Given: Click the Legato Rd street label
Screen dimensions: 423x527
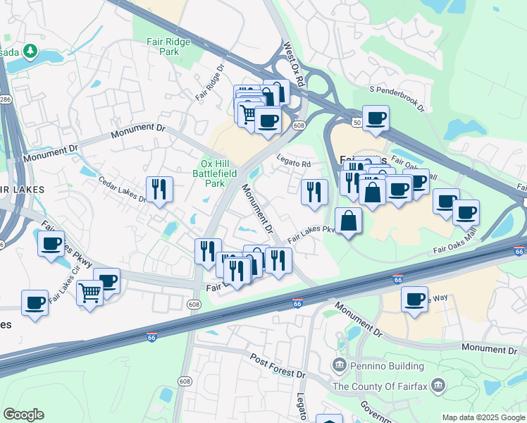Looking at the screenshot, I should click(293, 163).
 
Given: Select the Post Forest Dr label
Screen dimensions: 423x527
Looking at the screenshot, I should click(279, 366).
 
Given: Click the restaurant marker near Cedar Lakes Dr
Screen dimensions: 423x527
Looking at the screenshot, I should click(159, 189).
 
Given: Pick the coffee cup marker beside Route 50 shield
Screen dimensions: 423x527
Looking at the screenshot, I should click(376, 118).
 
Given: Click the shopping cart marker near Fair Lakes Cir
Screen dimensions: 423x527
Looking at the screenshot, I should click(90, 292).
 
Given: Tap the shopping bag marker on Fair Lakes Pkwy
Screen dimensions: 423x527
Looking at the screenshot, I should click(348, 221).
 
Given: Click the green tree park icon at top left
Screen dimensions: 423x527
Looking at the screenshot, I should click(30, 51).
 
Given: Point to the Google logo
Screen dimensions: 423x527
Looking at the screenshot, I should click(23, 415).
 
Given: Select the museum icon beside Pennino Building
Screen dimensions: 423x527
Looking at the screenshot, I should click(340, 365).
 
